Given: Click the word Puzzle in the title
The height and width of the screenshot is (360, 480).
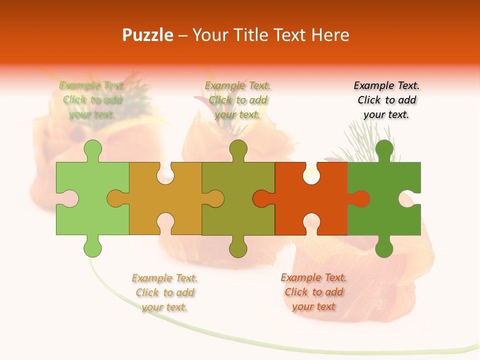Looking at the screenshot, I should (148, 35).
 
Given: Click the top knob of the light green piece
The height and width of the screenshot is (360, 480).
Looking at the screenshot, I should (93, 149).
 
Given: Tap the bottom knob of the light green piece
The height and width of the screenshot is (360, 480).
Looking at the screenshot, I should (93, 247).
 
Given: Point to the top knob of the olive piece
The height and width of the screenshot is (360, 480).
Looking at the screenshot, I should (238, 149).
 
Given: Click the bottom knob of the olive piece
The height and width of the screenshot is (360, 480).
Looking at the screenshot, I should (238, 247).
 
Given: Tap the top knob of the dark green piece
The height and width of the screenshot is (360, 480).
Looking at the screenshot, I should (384, 149).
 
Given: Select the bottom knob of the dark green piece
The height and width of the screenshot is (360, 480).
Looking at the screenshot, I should (384, 247).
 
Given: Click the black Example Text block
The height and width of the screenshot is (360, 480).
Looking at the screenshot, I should (386, 100).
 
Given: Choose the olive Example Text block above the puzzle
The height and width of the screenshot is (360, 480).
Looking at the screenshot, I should (237, 100).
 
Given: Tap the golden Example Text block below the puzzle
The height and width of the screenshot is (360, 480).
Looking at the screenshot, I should (164, 292).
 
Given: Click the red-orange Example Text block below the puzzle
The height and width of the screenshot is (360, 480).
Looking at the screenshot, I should (313, 292).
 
